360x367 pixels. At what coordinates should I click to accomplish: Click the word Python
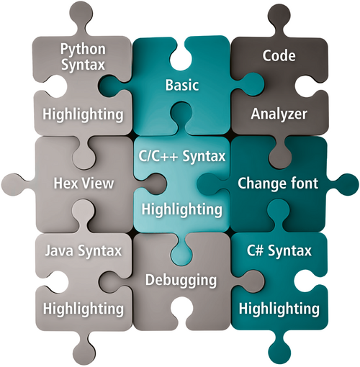point(83,50)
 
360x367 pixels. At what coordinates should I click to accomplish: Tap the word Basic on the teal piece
point(182,85)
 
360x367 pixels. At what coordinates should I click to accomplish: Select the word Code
point(279,55)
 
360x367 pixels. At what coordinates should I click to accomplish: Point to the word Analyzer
point(279,114)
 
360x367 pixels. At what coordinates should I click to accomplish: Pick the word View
point(98,183)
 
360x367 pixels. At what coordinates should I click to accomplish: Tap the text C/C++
point(158,156)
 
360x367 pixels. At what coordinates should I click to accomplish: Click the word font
point(305,183)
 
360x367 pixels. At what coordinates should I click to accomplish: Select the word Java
point(59,251)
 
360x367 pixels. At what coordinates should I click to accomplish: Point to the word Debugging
point(181,281)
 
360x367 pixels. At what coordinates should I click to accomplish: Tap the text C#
point(256,250)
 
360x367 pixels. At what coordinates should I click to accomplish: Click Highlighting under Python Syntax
point(83,114)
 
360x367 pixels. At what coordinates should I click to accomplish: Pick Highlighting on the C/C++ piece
point(182,210)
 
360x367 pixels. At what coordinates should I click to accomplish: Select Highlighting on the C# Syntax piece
point(279,309)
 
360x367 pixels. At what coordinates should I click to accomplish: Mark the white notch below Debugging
point(181,309)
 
